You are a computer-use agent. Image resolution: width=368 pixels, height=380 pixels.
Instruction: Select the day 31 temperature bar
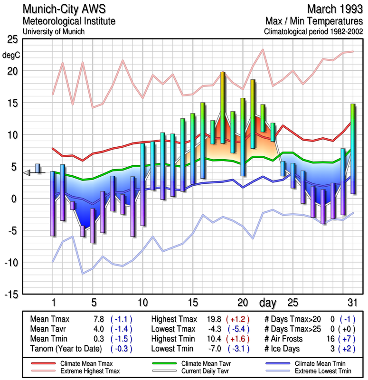point(353,149)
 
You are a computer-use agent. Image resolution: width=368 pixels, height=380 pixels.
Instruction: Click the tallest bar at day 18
point(223,107)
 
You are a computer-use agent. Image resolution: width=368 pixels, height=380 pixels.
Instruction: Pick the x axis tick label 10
point(142,303)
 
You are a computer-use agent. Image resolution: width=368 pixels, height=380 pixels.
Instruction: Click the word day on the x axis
point(267,303)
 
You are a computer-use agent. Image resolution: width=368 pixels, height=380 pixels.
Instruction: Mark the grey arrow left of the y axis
point(27,173)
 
